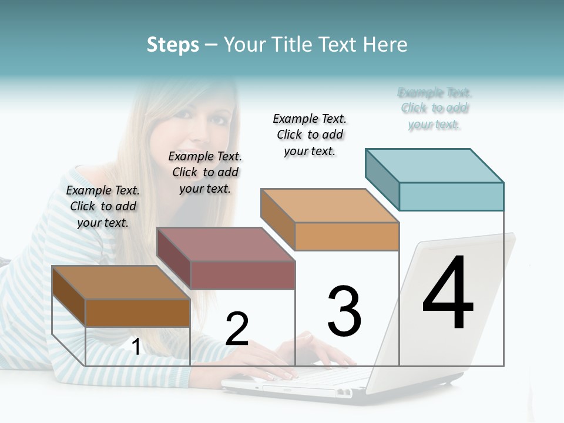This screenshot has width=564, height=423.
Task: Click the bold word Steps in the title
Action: click(173, 44)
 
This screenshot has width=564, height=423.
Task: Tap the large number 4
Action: click(448, 293)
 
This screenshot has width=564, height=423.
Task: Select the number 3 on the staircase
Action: click(344, 311)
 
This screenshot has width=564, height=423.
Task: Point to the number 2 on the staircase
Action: click(237, 329)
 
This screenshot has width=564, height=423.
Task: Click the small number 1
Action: click(136, 347)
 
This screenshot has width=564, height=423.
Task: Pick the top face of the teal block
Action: click(434, 165)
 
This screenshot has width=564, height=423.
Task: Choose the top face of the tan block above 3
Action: click(330, 206)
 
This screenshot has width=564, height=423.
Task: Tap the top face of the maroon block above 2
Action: click(226, 244)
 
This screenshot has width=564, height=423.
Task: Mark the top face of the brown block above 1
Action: click(121, 283)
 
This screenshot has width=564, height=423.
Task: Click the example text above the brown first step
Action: click(103, 206)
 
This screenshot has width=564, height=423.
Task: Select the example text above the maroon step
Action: click(205, 172)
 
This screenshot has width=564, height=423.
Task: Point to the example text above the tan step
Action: click(310, 135)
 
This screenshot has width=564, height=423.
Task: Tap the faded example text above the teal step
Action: click(435, 108)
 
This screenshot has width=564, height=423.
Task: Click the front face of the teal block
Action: click(451, 196)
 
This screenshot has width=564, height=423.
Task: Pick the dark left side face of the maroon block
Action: click(174, 258)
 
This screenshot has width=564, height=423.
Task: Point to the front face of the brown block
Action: click(137, 313)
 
